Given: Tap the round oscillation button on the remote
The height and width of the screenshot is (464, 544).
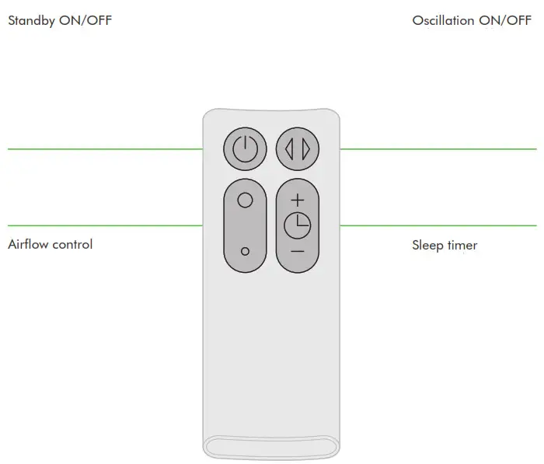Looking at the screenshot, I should point(298,148).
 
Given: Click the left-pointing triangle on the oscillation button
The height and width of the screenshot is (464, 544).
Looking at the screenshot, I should point(289,148).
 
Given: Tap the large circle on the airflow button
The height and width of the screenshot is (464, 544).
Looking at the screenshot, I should point(245,200).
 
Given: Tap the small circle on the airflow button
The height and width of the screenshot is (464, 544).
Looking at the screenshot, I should point(245,251).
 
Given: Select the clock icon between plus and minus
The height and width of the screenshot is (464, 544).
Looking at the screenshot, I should point(297,225).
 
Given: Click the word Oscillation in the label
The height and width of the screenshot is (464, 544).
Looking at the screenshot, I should point(443,21).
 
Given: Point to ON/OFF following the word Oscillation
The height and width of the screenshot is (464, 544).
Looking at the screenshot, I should point(504,21).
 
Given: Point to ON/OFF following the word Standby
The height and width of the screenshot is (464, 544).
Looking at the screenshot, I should point(85,21).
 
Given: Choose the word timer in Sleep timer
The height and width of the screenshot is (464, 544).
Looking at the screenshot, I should point(462,246).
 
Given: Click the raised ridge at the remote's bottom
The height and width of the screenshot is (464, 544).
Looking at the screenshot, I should point(271,447).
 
